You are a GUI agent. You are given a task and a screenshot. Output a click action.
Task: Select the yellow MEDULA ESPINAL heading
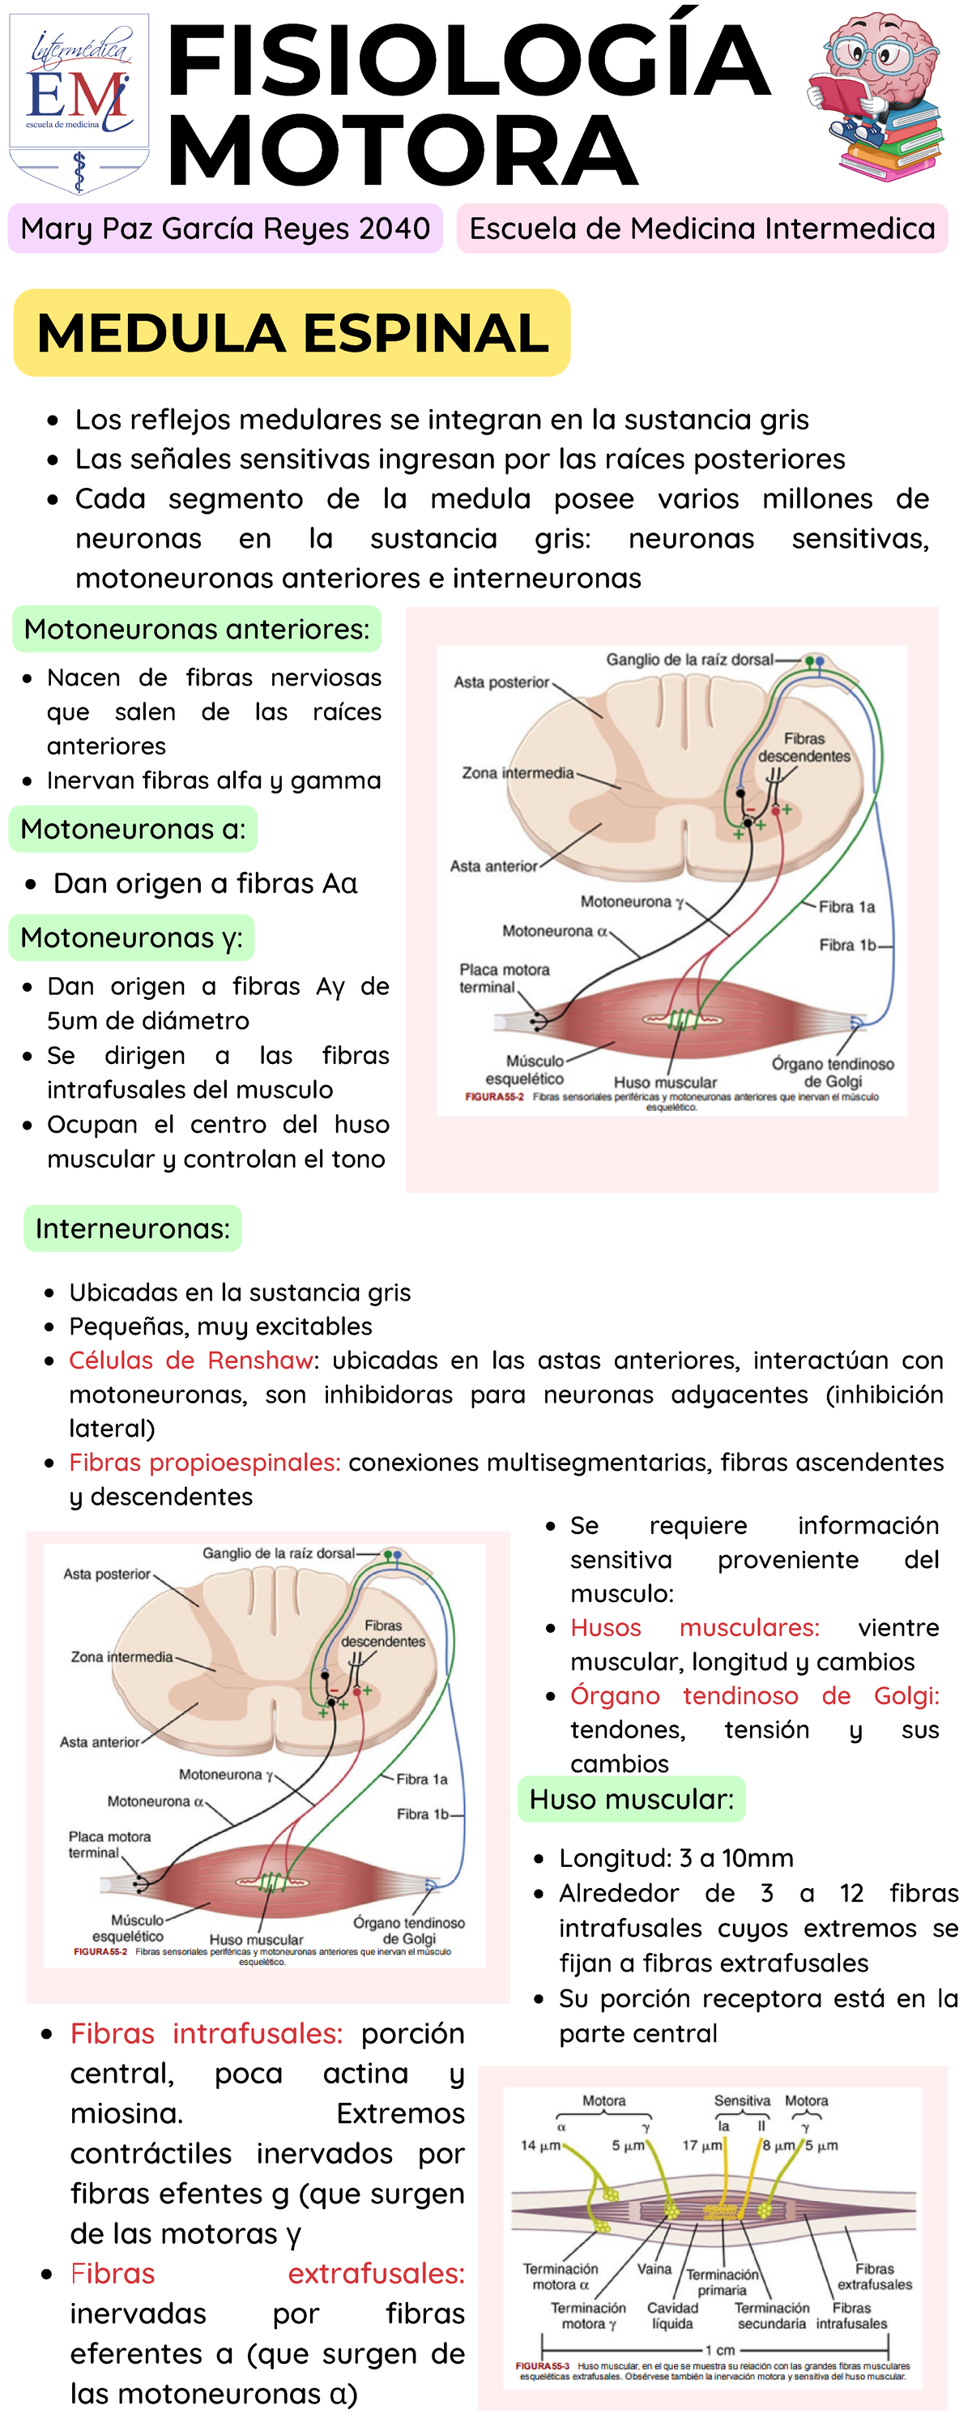click(292, 333)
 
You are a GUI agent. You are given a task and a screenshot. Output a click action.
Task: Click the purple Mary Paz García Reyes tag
click(225, 229)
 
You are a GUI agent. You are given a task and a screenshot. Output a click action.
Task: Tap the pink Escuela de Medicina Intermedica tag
click(702, 229)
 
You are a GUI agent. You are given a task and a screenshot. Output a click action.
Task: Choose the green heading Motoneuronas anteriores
click(197, 630)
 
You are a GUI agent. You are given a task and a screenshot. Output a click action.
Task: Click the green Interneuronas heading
click(133, 1228)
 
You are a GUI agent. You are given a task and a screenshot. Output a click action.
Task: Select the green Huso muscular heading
click(631, 1799)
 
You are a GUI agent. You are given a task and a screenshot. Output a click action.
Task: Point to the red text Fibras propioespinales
click(205, 1462)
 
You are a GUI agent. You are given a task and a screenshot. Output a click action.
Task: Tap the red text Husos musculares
click(694, 1628)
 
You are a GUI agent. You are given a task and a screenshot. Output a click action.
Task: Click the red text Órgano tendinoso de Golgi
click(754, 1696)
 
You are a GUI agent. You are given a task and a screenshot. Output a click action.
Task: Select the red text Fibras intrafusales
click(206, 2034)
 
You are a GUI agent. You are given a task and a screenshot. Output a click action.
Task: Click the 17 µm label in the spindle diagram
click(702, 2145)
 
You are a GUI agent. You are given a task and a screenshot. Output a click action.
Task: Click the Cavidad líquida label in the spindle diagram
click(672, 2315)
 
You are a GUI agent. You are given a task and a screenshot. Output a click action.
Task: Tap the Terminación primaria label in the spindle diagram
click(722, 2282)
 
